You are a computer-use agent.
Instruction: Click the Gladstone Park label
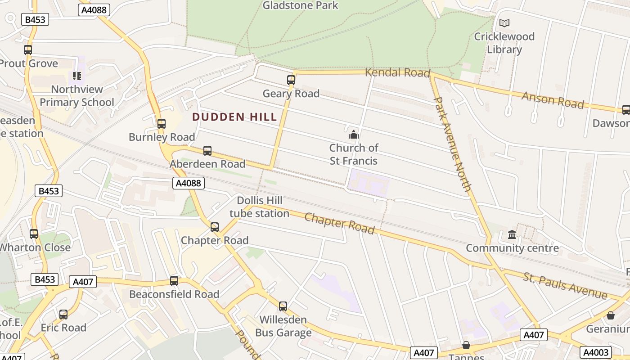[x=300, y=5]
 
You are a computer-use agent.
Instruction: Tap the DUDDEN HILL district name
[x=234, y=117]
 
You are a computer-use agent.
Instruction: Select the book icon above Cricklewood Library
[x=504, y=23]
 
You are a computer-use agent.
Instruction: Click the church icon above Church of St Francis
[x=354, y=135]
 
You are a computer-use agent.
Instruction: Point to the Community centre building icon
[x=512, y=234]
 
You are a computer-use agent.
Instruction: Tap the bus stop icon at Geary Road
[x=291, y=80]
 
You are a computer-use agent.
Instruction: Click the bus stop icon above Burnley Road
[x=162, y=123]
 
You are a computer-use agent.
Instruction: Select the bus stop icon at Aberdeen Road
[x=207, y=150]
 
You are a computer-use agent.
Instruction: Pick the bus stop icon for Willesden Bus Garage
[x=283, y=306]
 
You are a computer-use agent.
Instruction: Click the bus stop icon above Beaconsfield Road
[x=174, y=281]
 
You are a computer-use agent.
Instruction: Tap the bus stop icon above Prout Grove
[x=28, y=50]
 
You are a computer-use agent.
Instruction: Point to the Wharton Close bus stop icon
[x=34, y=234]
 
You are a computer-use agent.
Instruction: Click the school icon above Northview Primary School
[x=77, y=76]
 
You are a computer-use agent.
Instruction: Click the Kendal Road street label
[x=397, y=72]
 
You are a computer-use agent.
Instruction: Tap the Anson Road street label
[x=553, y=100]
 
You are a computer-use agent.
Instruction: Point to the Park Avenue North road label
[x=452, y=144]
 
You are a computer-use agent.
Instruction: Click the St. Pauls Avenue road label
[x=565, y=285]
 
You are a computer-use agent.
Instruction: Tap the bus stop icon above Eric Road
[x=63, y=314]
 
